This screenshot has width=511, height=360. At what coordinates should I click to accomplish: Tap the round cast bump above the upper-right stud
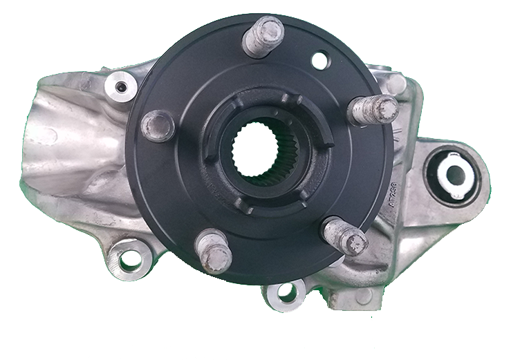click(396, 84)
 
